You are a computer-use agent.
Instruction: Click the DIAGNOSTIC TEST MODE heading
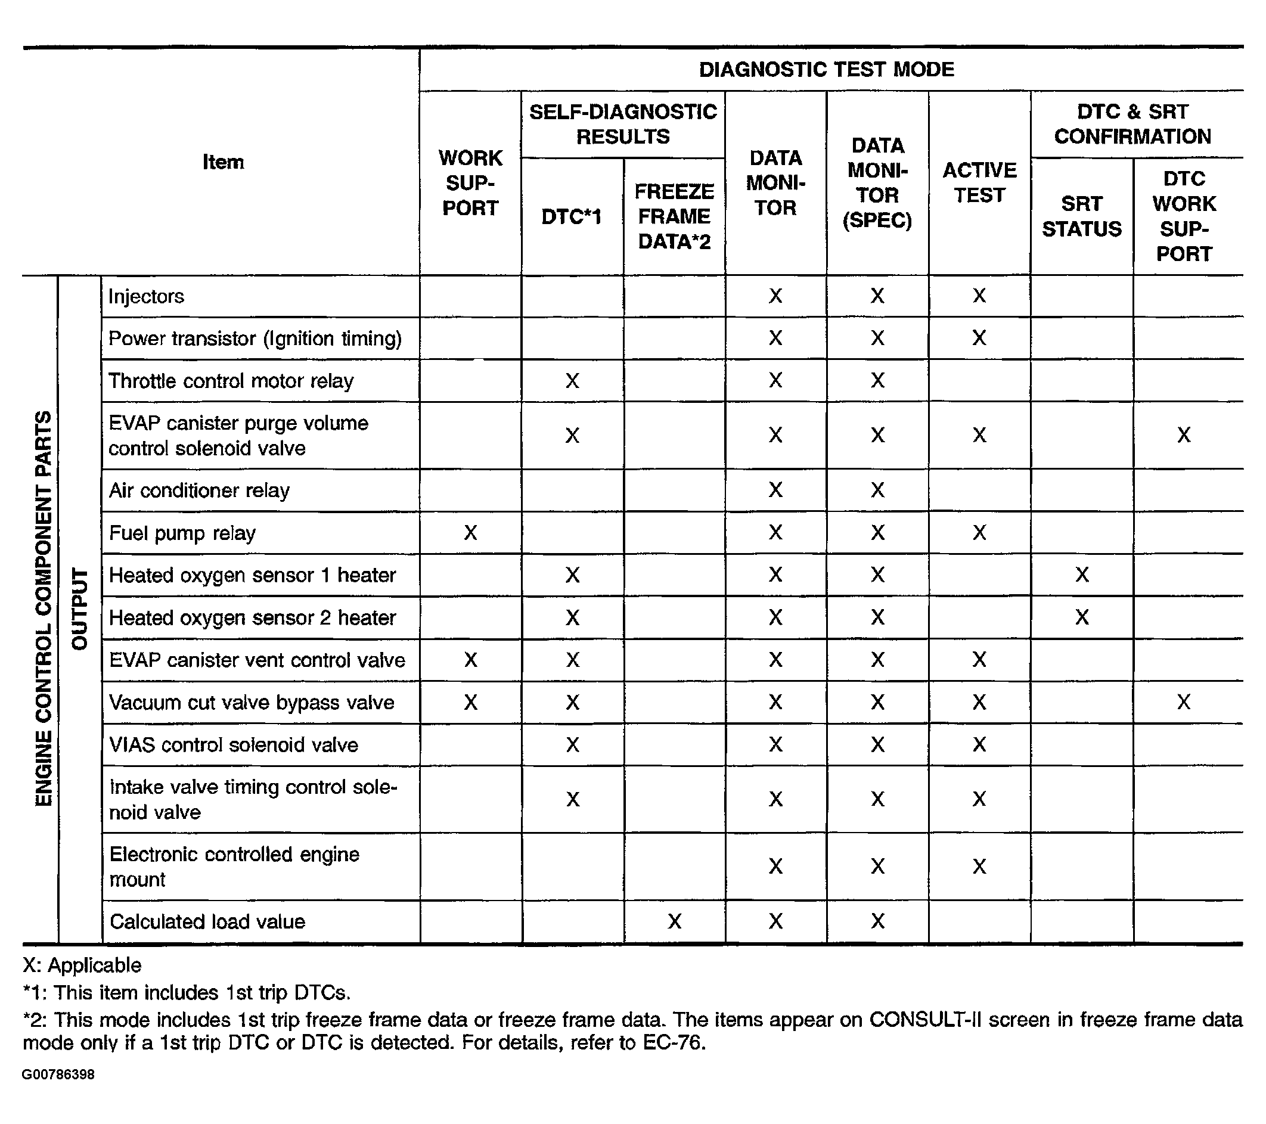click(826, 69)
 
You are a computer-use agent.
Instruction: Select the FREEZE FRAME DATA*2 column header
click(675, 216)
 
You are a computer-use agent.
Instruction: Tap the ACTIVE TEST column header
click(979, 183)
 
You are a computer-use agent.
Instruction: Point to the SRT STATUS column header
click(1081, 216)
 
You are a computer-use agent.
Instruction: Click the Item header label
click(223, 162)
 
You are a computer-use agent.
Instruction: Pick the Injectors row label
click(146, 297)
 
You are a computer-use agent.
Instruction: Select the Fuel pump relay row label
click(182, 533)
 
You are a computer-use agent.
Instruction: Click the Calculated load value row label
click(207, 922)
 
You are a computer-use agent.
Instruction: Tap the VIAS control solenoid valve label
click(234, 745)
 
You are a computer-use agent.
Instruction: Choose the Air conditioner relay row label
click(200, 491)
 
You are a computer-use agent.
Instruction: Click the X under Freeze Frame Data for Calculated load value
click(675, 922)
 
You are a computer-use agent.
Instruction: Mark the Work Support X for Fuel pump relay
click(471, 533)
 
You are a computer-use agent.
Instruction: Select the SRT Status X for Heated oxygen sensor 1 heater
click(1081, 575)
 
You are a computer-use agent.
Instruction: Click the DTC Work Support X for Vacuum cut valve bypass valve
click(1184, 702)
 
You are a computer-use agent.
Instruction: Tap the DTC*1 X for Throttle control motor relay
click(572, 381)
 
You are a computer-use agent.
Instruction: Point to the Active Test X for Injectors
click(979, 296)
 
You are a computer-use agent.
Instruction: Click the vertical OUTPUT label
click(80, 608)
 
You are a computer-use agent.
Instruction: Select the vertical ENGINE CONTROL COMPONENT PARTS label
click(44, 608)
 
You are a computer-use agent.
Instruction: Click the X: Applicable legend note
click(82, 965)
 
